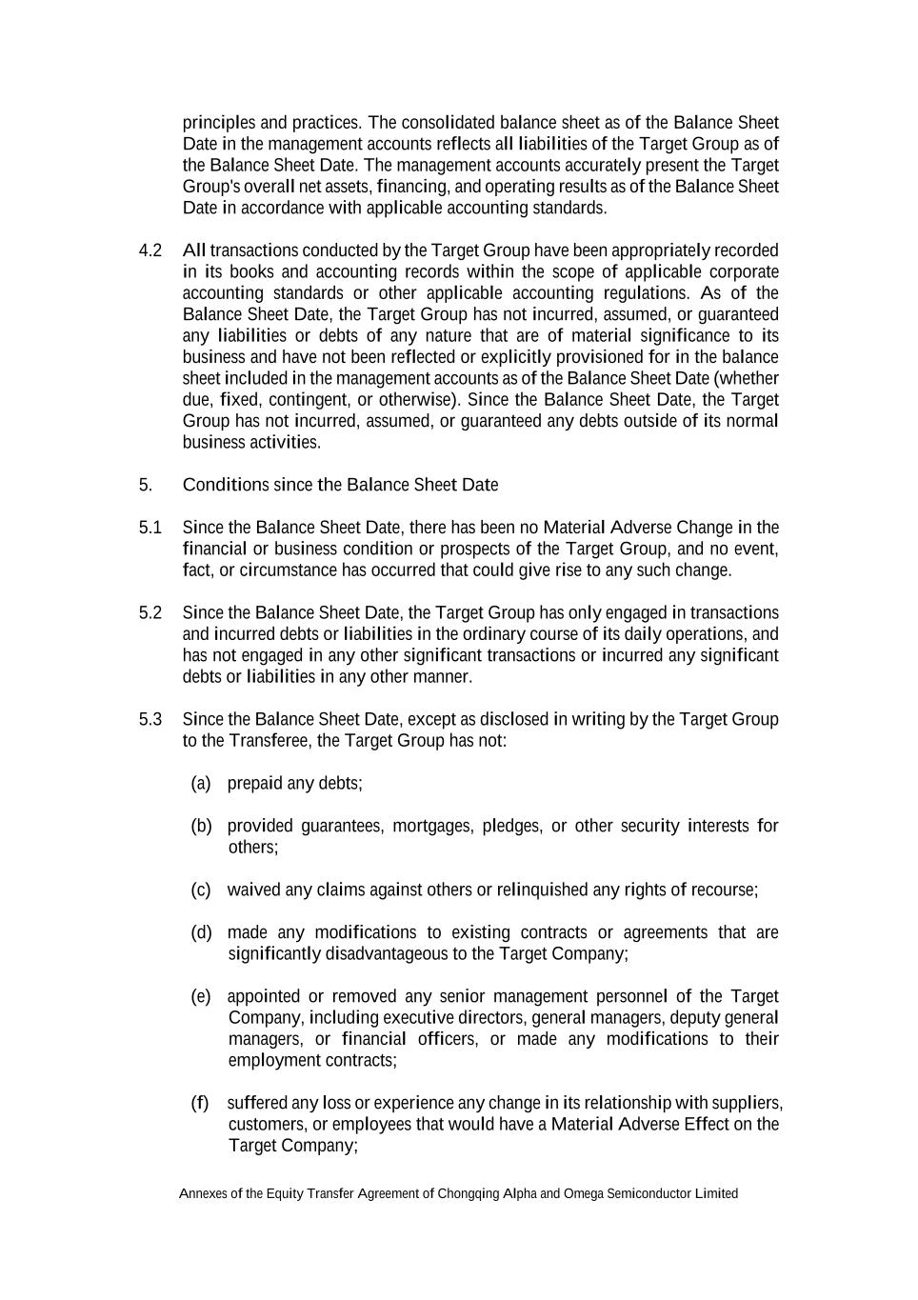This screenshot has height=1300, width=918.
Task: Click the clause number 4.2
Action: [x=150, y=250]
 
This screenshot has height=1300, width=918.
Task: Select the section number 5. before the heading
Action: [x=145, y=485]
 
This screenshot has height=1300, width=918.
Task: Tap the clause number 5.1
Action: [x=150, y=528]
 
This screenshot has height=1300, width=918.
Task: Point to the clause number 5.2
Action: [x=150, y=612]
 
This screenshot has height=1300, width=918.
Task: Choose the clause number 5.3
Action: [x=150, y=719]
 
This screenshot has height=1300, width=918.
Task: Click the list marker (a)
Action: [x=200, y=783]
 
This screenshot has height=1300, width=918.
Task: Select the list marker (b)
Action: [x=201, y=826]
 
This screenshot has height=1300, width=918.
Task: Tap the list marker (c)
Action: [x=200, y=890]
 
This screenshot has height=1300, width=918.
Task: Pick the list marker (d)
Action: [x=201, y=932]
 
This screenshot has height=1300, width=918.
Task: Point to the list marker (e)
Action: [x=201, y=996]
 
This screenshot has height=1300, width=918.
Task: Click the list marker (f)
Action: [x=199, y=1103]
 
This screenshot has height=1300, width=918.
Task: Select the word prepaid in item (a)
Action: [x=254, y=783]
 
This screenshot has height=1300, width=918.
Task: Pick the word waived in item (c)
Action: [x=253, y=890]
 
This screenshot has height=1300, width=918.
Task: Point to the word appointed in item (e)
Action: [x=263, y=996]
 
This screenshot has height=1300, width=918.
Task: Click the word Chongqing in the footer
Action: [x=469, y=1193]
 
